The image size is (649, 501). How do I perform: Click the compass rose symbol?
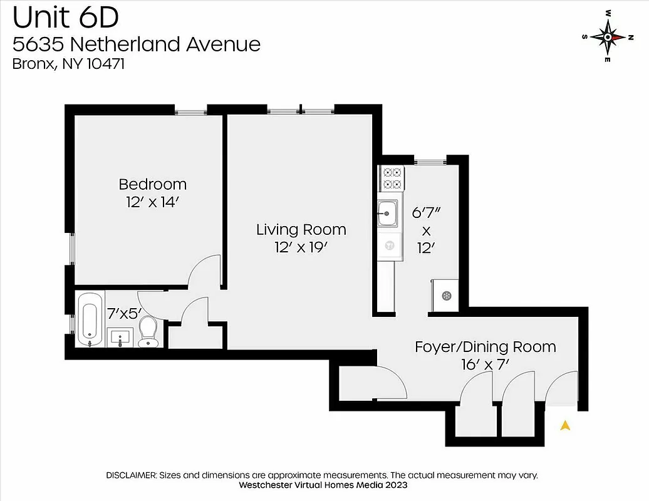tap(608, 36)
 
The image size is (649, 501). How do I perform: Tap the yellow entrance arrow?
tap(565, 426)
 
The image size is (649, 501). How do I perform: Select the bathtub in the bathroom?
tap(88, 321)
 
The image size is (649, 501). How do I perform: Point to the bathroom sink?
tap(118, 337)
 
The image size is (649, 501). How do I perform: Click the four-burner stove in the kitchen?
tap(392, 178)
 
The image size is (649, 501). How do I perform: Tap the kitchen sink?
tap(388, 214)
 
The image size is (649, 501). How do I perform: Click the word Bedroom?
tap(152, 184)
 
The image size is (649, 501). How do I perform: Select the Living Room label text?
tap(301, 230)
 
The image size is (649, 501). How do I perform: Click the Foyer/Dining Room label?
tap(485, 346)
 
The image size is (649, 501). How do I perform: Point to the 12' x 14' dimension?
tap(152, 202)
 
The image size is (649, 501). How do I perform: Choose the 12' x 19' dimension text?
tap(301, 247)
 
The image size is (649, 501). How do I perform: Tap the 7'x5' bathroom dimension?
tap(125, 313)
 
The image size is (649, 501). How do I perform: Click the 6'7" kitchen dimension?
tap(425, 212)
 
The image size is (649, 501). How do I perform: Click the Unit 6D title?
tap(66, 18)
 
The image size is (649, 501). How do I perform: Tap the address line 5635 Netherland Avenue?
tap(137, 44)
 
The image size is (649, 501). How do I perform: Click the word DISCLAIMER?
tap(132, 475)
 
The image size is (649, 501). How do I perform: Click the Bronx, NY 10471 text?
tap(69, 64)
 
